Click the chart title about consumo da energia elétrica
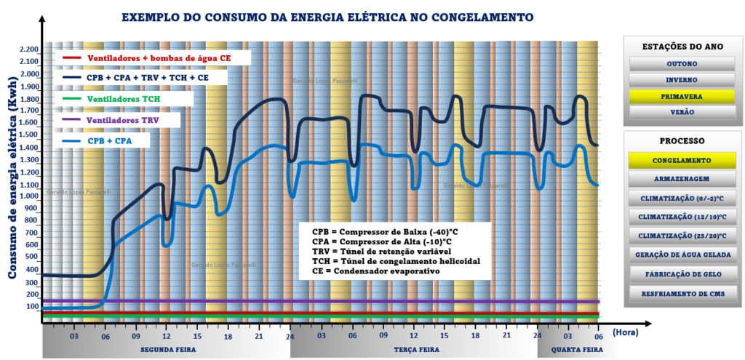327,16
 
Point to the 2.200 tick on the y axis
28,49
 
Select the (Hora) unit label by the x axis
625,332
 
